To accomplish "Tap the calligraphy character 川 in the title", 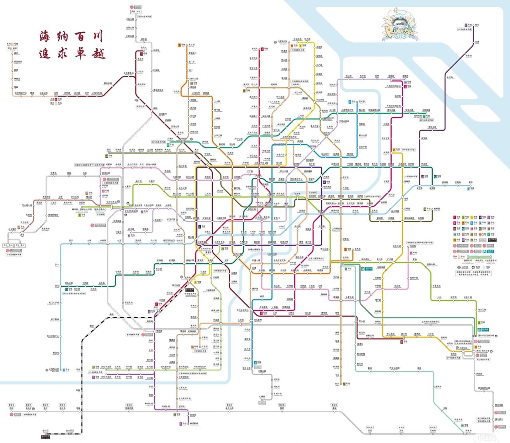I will coord(96,37).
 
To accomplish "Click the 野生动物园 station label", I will coord(395,369).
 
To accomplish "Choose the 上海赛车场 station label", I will coord(128,73).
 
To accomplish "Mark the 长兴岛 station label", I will coord(449,78).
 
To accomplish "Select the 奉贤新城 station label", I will coord(183,424).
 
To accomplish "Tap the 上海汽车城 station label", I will coord(96,93).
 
